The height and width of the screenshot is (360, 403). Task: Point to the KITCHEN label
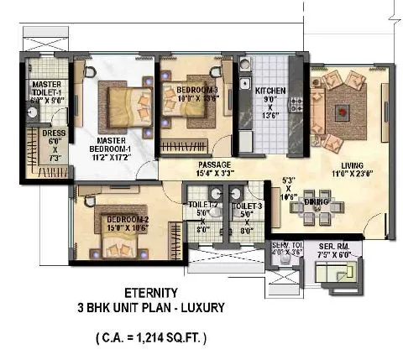tap(271, 91)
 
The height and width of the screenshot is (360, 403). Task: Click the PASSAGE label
tap(215, 164)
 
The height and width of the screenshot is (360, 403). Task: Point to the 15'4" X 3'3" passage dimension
tap(215, 175)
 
